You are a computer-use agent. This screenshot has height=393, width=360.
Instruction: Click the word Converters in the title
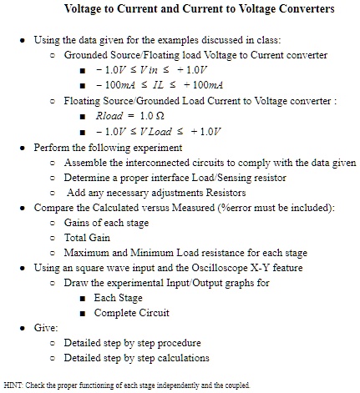point(282,11)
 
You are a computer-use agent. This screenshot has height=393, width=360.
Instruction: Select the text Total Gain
point(89,237)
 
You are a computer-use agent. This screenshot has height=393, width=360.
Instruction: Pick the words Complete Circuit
point(134,313)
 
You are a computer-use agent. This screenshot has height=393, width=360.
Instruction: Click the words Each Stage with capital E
point(119,298)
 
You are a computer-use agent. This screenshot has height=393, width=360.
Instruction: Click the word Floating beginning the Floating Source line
point(84,101)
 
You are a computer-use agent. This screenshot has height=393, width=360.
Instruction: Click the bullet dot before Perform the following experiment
point(22,147)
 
